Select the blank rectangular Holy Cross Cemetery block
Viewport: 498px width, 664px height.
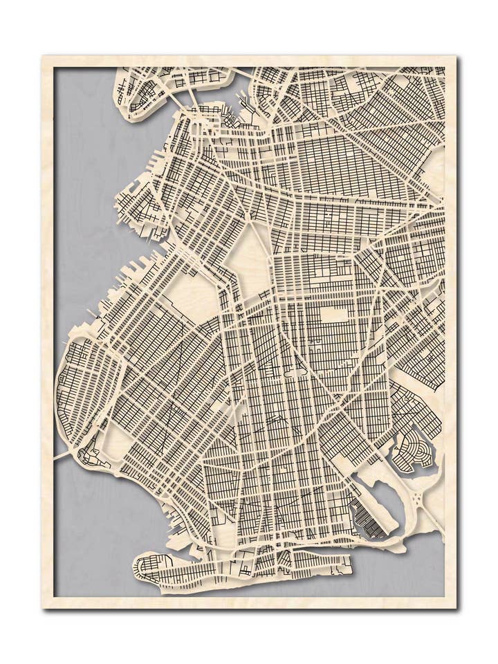(x=333, y=314)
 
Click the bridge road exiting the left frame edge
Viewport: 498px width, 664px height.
(x=62, y=456)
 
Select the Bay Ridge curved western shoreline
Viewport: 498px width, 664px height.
(x=60, y=387)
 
